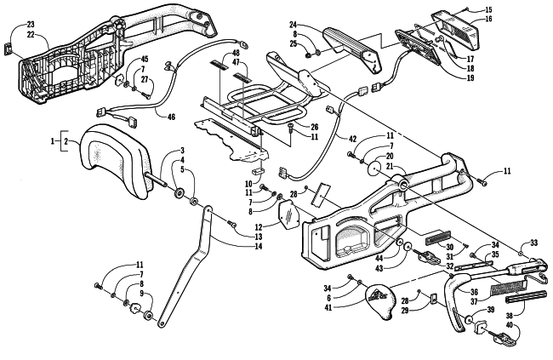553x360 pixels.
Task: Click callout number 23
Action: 31,25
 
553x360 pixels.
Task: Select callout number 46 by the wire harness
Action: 171,117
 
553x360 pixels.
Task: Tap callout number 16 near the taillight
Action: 488,19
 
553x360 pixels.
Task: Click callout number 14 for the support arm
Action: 259,246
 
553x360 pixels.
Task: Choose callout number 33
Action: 534,243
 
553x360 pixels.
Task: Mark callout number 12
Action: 259,228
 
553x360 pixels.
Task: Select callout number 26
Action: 314,127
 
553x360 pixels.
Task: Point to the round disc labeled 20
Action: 375,169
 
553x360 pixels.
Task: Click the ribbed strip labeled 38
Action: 522,299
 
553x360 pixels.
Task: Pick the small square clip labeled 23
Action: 9,49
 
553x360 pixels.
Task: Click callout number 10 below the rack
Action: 249,184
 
